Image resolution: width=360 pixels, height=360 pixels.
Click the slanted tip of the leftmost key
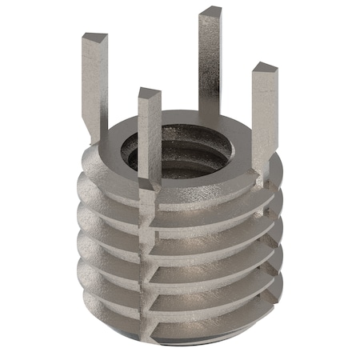tap(94, 38)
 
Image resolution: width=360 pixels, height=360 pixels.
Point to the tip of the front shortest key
tap(149, 93)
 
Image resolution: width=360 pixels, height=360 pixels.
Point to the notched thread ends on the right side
tap(276, 240)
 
